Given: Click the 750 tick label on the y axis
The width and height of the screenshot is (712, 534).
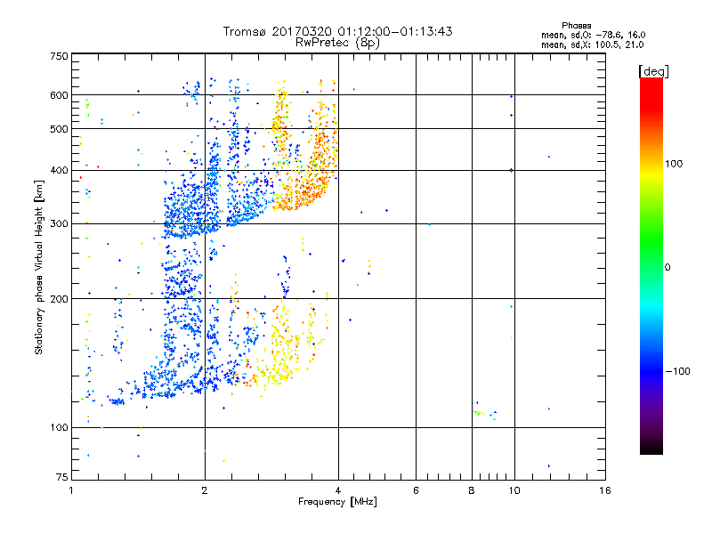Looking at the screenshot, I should [x=59, y=56].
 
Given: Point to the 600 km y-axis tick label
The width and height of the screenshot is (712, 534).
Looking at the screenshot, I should [x=59, y=95].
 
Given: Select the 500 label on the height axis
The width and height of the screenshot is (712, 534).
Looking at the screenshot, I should [x=59, y=129].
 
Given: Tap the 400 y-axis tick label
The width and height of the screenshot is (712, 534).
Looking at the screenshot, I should [x=59, y=171].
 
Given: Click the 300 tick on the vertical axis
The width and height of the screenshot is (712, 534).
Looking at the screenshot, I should [x=59, y=224].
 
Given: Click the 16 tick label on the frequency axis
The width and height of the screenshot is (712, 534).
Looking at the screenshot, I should [x=604, y=490].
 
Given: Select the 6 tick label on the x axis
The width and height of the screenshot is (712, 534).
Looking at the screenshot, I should [x=416, y=490].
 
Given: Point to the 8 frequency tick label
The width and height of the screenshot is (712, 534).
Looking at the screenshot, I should [x=472, y=490].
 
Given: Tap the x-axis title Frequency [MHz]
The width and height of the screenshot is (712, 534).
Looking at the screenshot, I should [x=337, y=503].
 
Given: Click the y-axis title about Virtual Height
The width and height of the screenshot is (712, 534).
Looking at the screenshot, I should [x=39, y=268].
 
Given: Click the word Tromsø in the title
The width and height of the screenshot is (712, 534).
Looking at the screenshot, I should [x=252, y=31].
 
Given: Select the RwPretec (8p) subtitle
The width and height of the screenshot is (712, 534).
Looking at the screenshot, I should [x=337, y=42].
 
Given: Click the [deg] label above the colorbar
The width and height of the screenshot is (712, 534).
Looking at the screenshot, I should [x=655, y=70].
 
